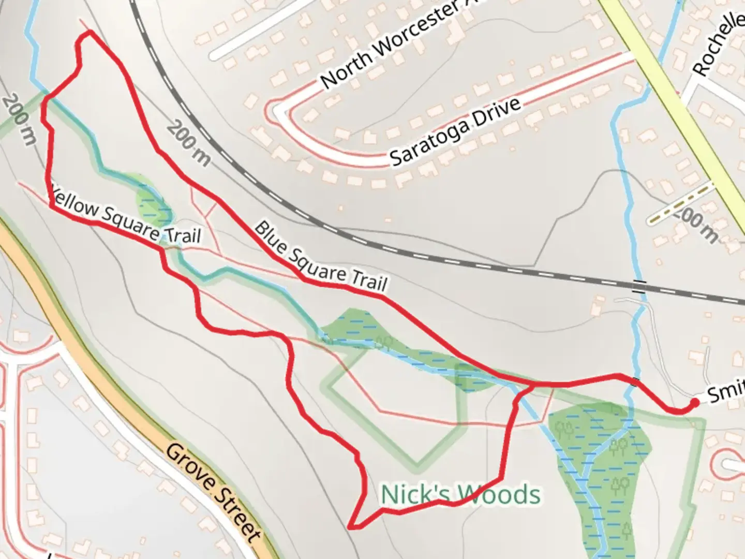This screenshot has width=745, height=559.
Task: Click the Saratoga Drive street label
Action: point(455,131)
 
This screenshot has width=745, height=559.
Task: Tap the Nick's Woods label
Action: point(460,494)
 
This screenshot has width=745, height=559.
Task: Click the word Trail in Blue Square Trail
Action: point(369,279)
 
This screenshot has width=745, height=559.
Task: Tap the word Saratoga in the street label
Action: point(429,142)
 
